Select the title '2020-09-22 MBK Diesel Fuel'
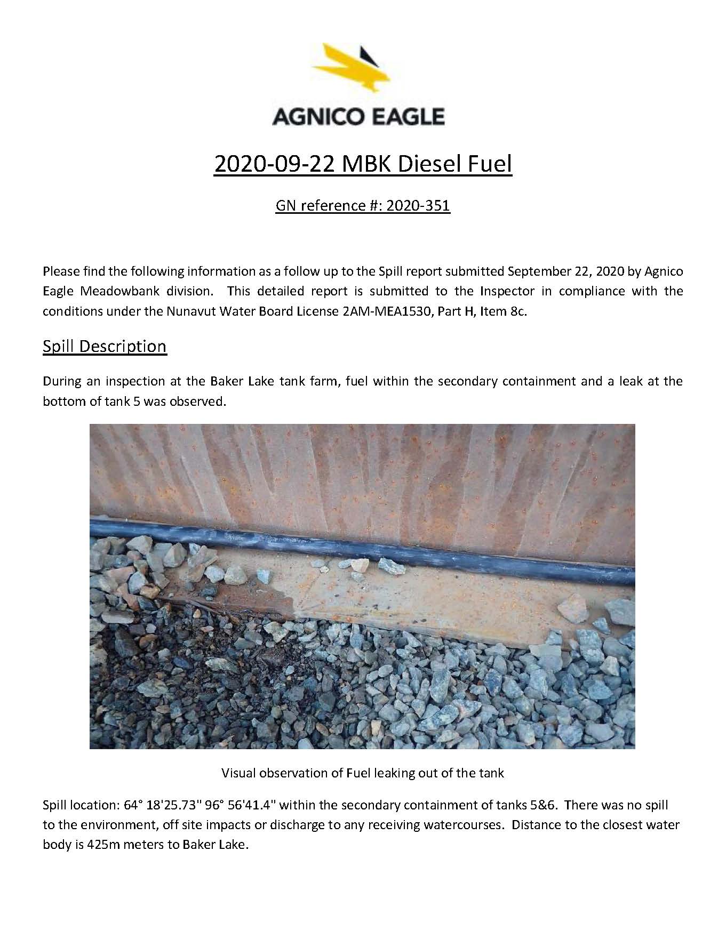tap(363, 164)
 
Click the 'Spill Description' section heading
tap(105, 347)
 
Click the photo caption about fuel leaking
tap(362, 773)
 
